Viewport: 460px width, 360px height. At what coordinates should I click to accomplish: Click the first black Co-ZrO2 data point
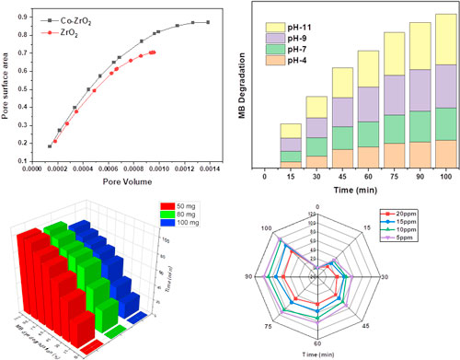tap(50, 145)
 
